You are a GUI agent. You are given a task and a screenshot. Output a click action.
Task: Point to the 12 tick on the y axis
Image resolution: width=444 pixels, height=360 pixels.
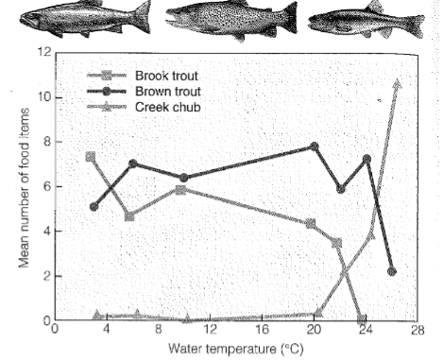tap(43, 53)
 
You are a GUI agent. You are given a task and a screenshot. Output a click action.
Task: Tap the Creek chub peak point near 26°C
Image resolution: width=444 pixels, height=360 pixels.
tap(397, 85)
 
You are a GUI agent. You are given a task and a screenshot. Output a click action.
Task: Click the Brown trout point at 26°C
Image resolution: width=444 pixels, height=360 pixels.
tap(392, 271)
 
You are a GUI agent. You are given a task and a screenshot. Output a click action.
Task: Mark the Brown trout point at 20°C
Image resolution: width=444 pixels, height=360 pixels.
tap(315, 146)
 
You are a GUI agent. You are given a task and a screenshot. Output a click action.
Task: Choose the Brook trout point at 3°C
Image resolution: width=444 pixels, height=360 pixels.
tap(91, 157)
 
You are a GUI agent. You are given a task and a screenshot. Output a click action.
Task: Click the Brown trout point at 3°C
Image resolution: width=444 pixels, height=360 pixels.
tap(94, 206)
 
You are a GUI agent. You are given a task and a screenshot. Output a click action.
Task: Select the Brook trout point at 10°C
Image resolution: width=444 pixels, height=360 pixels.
tap(180, 190)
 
